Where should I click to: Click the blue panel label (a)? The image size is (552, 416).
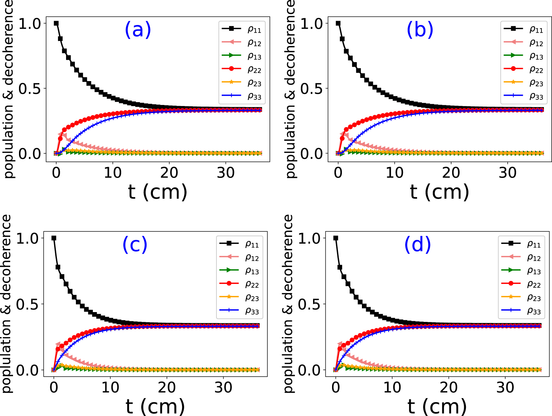click(138, 29)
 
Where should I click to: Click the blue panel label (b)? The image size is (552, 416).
click(420, 29)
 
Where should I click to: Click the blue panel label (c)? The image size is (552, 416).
click(135, 244)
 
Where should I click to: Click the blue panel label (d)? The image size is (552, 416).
click(417, 244)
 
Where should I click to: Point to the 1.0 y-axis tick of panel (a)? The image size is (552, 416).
click(30, 24)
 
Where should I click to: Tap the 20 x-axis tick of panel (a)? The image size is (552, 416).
click(169, 173)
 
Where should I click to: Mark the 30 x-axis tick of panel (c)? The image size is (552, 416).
click(223, 388)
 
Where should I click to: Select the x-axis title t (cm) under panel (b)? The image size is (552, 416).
click(439, 192)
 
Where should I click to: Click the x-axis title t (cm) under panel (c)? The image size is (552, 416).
click(155, 407)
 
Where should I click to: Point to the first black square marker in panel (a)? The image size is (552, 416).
click(56, 23)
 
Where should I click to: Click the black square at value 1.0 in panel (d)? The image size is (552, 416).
click(336, 238)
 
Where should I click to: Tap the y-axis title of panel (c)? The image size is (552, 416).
click(7, 303)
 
